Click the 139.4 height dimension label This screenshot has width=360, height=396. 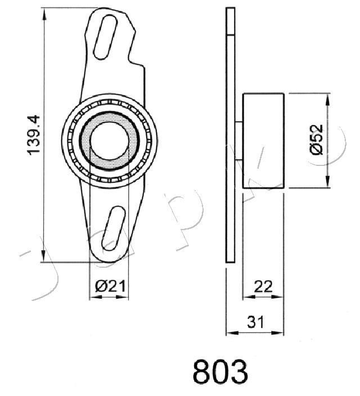pos(33,135)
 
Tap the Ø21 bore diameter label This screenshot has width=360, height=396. pos(110,287)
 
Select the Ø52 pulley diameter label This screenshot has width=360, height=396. pos(316,139)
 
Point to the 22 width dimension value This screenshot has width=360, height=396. pos(263,287)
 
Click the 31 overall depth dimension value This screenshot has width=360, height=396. pos(255,322)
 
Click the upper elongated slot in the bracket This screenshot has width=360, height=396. pos(105,37)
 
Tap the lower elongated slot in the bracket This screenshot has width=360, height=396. pos(113,228)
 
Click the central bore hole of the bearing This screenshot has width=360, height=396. pos(109,141)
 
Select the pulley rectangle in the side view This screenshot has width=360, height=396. pos(263,141)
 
